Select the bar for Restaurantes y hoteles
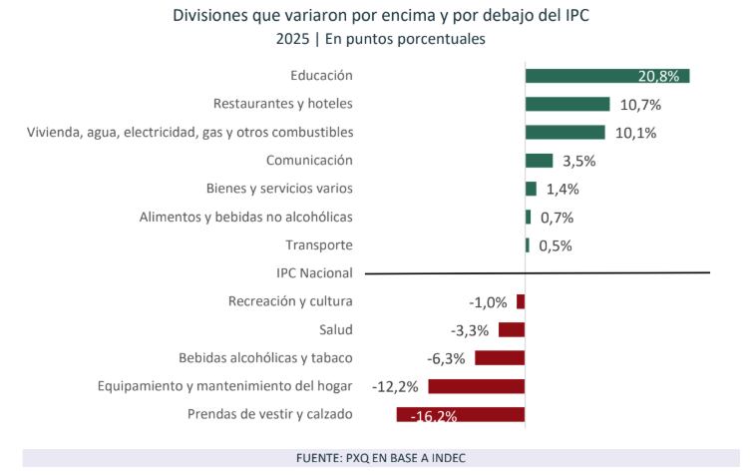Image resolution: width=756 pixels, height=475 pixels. point(567,104)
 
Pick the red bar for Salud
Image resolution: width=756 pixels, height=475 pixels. point(512,329)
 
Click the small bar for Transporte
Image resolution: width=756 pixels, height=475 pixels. point(528,245)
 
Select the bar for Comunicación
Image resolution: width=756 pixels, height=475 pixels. point(539,161)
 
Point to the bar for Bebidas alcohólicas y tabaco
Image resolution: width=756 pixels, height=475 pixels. point(500,358)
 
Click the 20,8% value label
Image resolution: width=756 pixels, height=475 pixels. point(660,76)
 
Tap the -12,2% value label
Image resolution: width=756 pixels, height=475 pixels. point(394,386)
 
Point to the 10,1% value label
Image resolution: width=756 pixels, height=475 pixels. point(635,133)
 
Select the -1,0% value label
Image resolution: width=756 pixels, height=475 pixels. point(488,302)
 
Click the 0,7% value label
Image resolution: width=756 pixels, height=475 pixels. point(556,218)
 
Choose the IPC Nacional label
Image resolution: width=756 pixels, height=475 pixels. point(314,272)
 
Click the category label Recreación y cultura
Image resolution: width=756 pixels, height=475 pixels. point(290,301)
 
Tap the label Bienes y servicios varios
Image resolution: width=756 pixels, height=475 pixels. point(279,189)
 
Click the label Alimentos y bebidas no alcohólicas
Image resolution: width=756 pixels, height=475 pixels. point(245,217)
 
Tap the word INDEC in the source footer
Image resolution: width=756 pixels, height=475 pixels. point(445,458)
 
